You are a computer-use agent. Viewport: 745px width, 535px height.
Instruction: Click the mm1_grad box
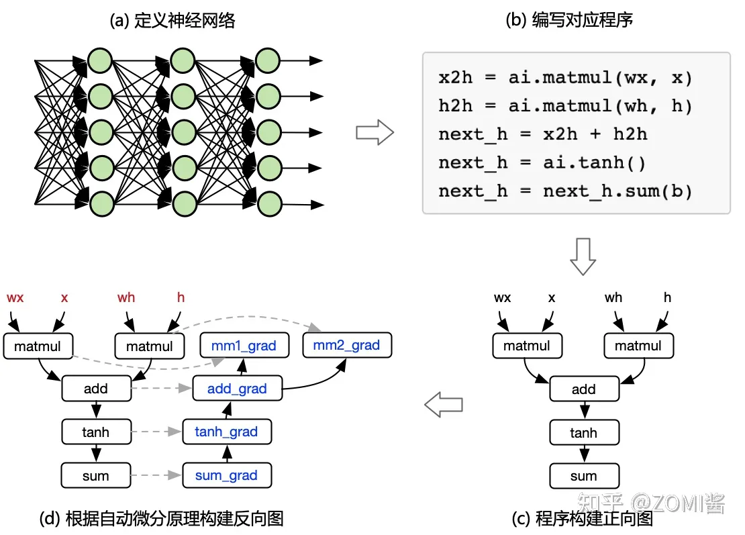point(244,346)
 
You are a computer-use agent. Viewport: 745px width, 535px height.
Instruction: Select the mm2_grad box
point(347,346)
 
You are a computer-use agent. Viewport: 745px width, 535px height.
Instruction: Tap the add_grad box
point(237,389)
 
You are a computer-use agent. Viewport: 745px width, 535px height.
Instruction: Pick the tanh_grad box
point(227,432)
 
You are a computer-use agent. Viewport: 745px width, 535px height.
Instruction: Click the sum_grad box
point(226,475)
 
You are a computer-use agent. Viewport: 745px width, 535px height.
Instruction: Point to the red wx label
point(15,297)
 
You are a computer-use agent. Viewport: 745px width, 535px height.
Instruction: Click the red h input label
point(181,297)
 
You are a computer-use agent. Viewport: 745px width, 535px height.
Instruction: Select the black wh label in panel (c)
point(613,297)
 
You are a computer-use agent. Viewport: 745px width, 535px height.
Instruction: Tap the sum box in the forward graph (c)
point(583,476)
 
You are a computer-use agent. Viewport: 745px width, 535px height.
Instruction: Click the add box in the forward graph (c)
point(583,389)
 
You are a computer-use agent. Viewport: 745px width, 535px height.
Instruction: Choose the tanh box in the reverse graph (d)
point(95,432)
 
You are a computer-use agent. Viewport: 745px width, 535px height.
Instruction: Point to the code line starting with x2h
point(565,78)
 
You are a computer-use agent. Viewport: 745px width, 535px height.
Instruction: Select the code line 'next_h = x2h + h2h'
point(542,134)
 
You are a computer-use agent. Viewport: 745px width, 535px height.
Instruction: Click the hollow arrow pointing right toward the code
point(374,132)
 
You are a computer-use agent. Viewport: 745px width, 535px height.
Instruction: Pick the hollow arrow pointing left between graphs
point(444,405)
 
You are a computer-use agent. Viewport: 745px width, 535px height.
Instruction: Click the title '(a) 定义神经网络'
point(172,21)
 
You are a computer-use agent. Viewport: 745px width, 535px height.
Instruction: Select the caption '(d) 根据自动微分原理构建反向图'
point(162,518)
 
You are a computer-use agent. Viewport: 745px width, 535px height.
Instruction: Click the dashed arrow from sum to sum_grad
point(156,476)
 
